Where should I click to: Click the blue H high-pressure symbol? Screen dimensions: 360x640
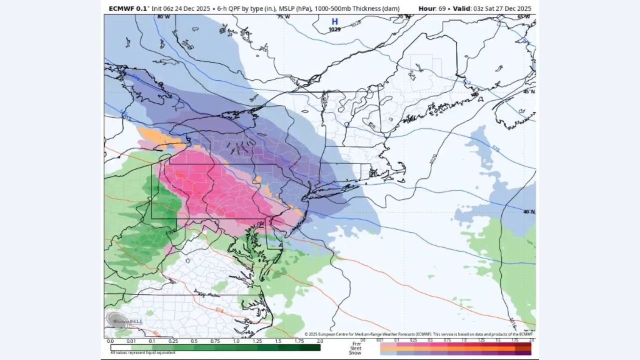[334, 21]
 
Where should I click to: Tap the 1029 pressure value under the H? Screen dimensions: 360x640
[334, 29]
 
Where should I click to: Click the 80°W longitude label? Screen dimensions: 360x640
[163, 17]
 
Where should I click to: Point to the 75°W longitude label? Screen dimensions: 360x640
[283, 17]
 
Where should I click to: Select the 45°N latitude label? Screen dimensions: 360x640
[529, 92]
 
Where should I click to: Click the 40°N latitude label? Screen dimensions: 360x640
[529, 212]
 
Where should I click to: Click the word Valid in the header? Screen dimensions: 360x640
[463, 8]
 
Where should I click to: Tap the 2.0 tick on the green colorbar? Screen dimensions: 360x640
[319, 341]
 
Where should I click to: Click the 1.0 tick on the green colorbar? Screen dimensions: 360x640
[236, 341]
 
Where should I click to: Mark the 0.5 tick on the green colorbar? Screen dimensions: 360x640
[193, 341]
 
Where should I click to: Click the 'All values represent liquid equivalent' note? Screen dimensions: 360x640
[143, 353]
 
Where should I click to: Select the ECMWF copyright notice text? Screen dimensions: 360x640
[420, 334]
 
